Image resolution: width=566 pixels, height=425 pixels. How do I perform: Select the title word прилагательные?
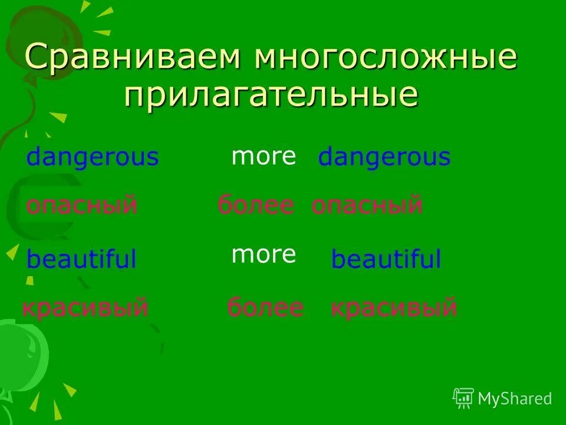pos(271,94)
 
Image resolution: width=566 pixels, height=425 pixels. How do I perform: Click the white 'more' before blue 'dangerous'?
pos(264,156)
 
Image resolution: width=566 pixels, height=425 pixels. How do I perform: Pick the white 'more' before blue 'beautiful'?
pos(264,254)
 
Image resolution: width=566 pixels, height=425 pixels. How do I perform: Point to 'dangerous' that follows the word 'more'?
pos(384,158)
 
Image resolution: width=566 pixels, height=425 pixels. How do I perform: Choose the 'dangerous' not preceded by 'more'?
pos(93,158)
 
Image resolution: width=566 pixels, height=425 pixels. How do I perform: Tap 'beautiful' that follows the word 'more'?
pos(386,260)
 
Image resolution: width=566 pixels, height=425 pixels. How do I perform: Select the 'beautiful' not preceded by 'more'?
pos(81,260)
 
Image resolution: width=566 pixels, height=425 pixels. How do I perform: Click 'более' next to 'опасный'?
pos(255,205)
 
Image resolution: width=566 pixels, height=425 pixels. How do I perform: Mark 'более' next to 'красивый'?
pos(265,308)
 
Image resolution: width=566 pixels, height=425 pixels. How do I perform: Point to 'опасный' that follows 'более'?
pos(367,205)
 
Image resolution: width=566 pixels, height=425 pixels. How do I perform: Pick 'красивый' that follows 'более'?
pos(394,308)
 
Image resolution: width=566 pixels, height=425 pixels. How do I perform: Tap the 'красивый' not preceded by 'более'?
pos(85,308)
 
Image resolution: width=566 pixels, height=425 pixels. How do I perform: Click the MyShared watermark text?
pos(515,398)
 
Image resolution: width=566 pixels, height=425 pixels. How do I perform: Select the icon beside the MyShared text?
pos(463,398)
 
